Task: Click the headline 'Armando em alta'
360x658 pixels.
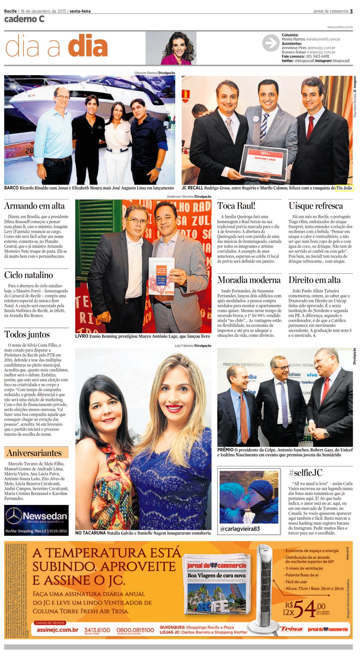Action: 35,206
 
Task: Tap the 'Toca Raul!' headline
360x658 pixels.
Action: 236,206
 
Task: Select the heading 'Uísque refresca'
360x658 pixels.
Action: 316,206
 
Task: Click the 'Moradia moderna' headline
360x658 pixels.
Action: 249,280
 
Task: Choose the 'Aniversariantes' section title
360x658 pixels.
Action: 34,453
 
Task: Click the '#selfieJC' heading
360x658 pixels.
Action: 305,473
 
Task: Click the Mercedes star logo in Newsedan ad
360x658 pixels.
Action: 13,515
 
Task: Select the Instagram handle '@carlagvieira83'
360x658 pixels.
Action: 240,529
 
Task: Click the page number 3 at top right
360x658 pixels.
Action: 351,11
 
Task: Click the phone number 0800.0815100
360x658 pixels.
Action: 135,630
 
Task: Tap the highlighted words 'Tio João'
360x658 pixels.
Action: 344,188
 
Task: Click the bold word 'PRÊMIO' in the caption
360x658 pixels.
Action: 225,450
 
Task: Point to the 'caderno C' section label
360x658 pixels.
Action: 24,19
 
